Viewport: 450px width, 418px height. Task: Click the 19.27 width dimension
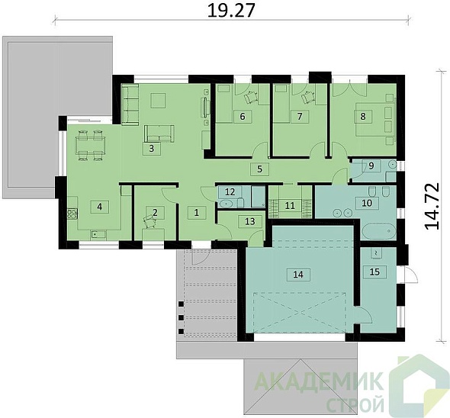[x=231, y=11]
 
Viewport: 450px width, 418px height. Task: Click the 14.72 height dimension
[x=432, y=206]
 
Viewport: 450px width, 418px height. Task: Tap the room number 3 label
[x=152, y=149]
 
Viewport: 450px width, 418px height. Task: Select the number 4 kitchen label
[x=100, y=207]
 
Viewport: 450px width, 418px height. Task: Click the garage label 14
[x=298, y=275]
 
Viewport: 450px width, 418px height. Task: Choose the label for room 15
[x=374, y=272]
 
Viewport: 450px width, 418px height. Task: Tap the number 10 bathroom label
[x=367, y=203]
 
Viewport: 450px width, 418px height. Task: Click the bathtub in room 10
[x=379, y=231]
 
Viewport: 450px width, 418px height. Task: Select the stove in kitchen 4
[x=72, y=214]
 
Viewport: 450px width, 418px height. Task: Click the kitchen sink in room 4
[x=98, y=235]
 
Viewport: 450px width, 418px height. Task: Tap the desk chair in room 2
[x=149, y=222]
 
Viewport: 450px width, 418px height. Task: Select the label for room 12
[x=230, y=191]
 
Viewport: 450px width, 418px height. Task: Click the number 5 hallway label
[x=260, y=169]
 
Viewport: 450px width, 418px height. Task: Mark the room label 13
[x=250, y=221]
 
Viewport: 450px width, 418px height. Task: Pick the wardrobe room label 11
[x=290, y=205]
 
